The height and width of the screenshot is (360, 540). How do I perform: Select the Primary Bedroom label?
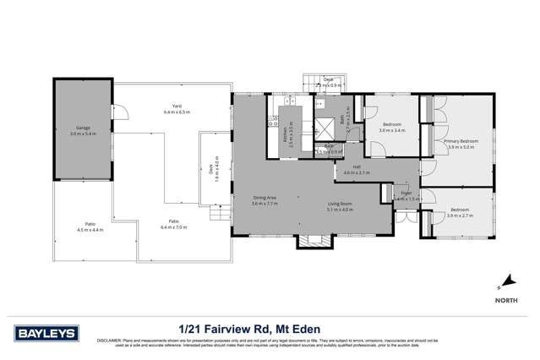461,140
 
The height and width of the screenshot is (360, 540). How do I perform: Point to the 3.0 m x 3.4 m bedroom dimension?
392,131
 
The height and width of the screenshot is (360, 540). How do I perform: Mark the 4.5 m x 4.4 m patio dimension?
90,230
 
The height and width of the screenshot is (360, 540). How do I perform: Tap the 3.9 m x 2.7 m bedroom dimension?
461,215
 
